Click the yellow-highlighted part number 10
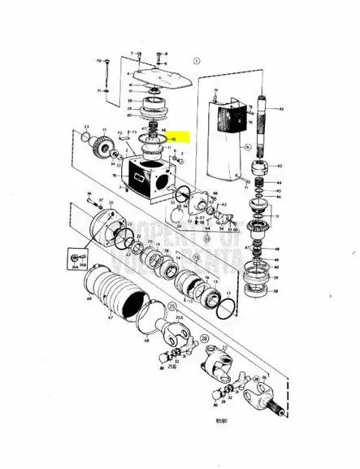point(172,139)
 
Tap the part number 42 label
point(281,109)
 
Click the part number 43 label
point(280,166)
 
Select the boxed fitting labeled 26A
point(67,261)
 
